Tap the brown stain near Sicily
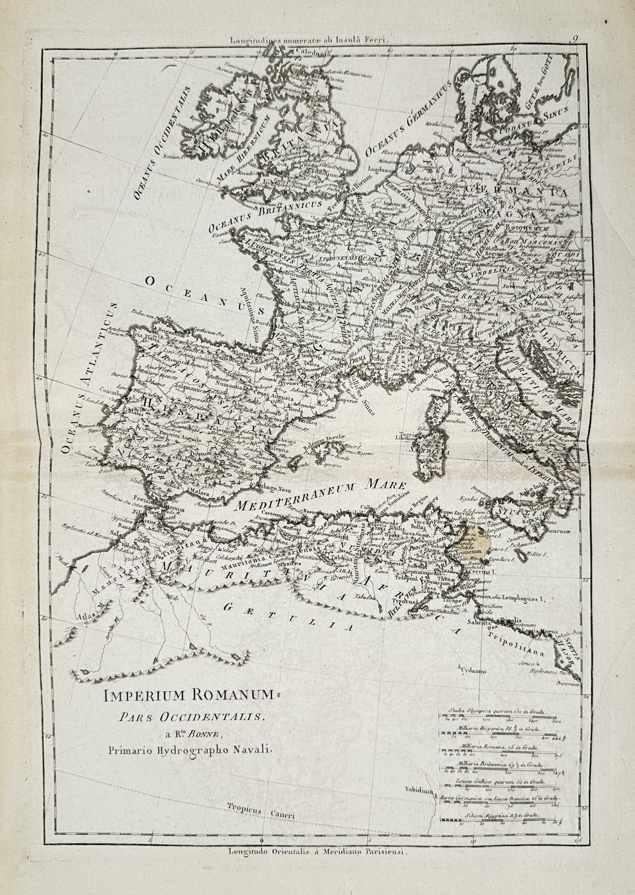point(475,543)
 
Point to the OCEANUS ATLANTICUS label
point(88,377)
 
